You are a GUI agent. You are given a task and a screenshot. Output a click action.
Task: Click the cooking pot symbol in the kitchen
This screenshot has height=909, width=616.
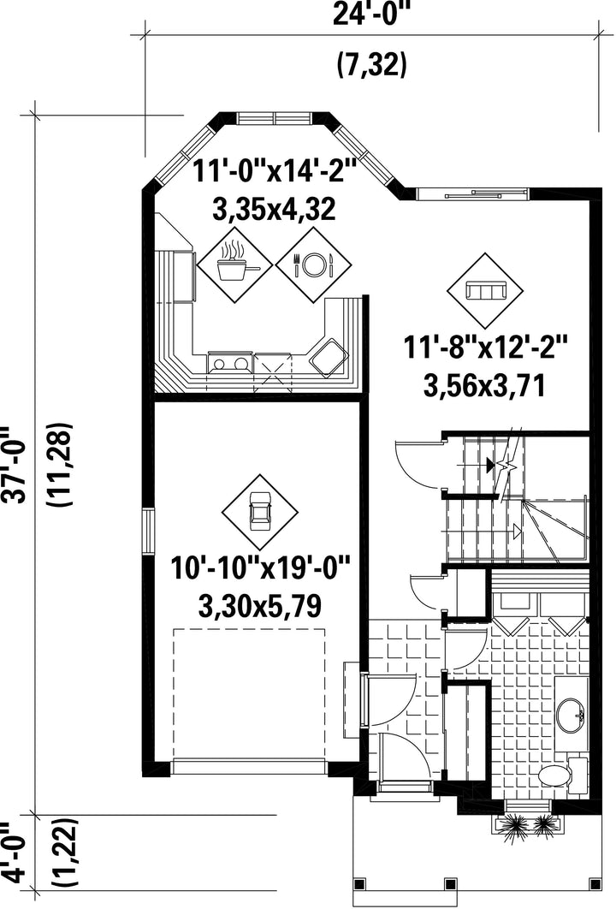coord(234,264)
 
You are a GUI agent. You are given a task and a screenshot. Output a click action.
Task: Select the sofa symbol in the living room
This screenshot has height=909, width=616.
coord(485,290)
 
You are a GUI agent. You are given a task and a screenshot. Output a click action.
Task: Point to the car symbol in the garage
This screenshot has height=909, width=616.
coord(259,511)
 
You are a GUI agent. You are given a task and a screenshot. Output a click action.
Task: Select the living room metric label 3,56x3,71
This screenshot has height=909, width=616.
coord(484,386)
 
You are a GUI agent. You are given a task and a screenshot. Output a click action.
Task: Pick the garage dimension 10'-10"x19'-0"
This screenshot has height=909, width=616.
coord(261,567)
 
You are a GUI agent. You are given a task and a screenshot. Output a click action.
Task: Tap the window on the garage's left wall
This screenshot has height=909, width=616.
coord(149,532)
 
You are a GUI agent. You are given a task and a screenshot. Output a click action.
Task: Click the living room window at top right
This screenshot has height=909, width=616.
coord(471,193)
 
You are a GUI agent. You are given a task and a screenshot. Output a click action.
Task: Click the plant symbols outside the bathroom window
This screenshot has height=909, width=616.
coord(527,824)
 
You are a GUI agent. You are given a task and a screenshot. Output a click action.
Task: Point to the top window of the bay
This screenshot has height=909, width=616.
coord(275,117)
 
